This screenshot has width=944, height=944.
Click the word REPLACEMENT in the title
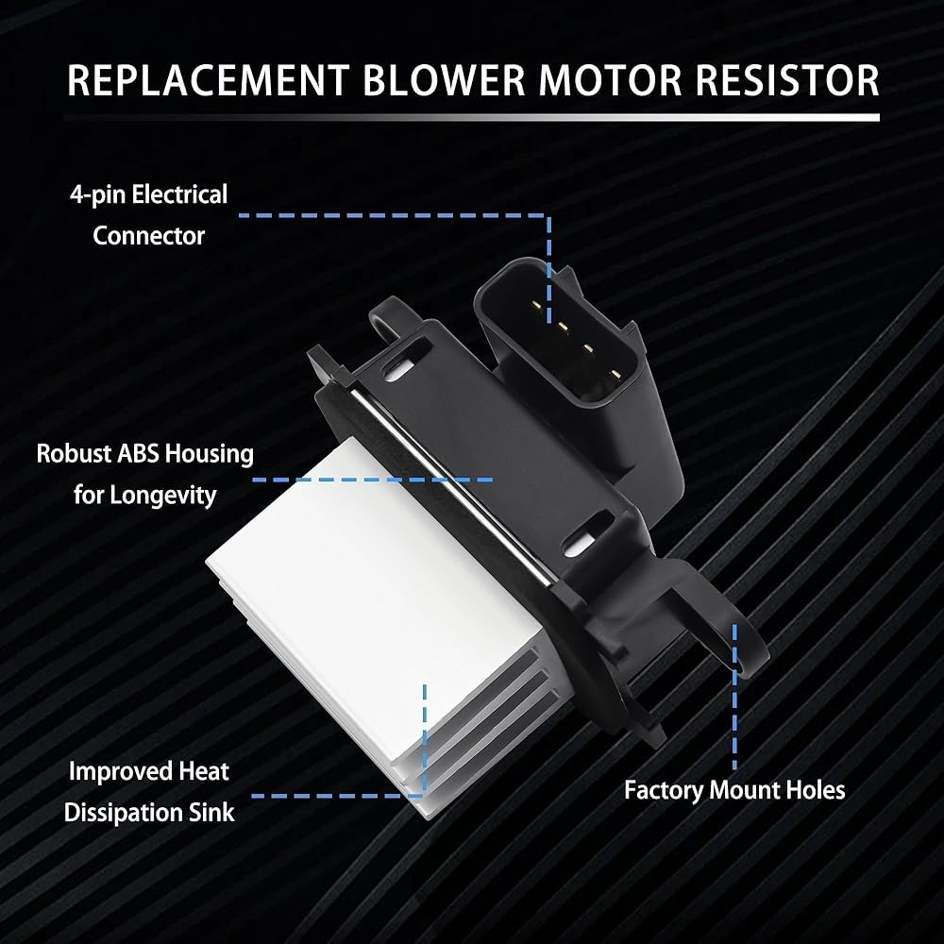[x=209, y=80]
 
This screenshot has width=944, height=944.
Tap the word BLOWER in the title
[x=444, y=80]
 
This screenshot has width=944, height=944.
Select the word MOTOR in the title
[x=609, y=80]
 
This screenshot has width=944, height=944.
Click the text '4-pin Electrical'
[x=149, y=194]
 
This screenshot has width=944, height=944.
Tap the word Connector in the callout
[x=149, y=235]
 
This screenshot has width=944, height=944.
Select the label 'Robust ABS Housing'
[x=145, y=453]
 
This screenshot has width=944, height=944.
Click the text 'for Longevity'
[x=145, y=495]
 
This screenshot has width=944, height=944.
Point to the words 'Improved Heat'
[x=149, y=771]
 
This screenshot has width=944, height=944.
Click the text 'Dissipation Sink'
[x=149, y=812]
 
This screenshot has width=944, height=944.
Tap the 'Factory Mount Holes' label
[x=734, y=790]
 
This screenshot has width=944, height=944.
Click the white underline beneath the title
[x=472, y=117]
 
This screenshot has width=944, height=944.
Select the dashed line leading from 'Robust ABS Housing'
[x=373, y=480]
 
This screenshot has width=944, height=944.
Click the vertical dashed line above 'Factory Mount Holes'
[x=734, y=698]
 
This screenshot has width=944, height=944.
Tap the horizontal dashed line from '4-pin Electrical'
[x=395, y=215]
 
